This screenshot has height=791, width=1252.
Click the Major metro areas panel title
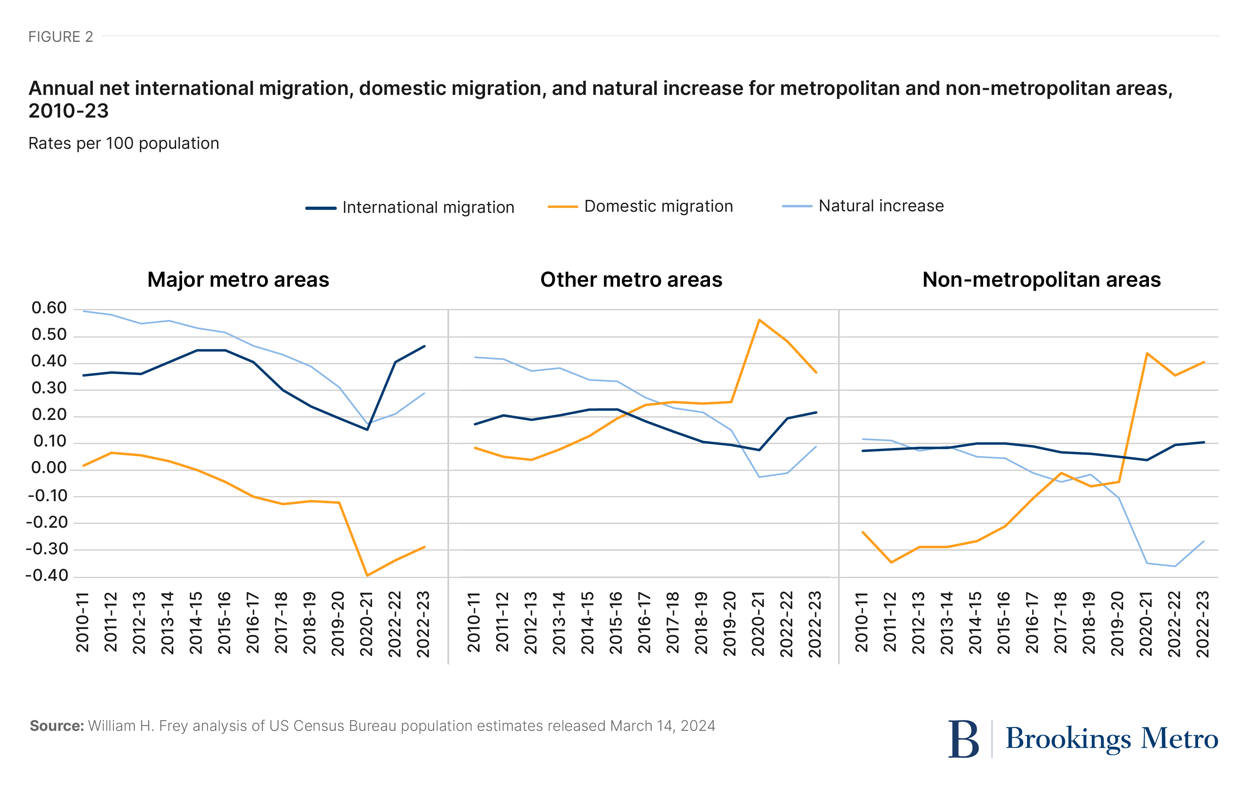click(x=238, y=280)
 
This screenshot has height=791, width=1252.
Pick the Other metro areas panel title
click(x=631, y=280)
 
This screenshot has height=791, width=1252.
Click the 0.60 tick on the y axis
click(x=49, y=308)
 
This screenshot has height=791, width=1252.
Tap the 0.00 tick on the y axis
click(x=49, y=468)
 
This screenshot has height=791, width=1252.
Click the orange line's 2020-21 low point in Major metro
click(x=367, y=575)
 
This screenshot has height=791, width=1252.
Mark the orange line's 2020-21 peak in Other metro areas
click(x=760, y=320)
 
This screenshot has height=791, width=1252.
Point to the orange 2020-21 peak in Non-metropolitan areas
click(x=1147, y=353)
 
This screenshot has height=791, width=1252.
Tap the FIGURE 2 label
click(x=60, y=37)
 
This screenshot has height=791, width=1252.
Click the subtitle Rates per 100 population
click(x=124, y=143)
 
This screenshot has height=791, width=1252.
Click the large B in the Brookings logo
click(x=963, y=739)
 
